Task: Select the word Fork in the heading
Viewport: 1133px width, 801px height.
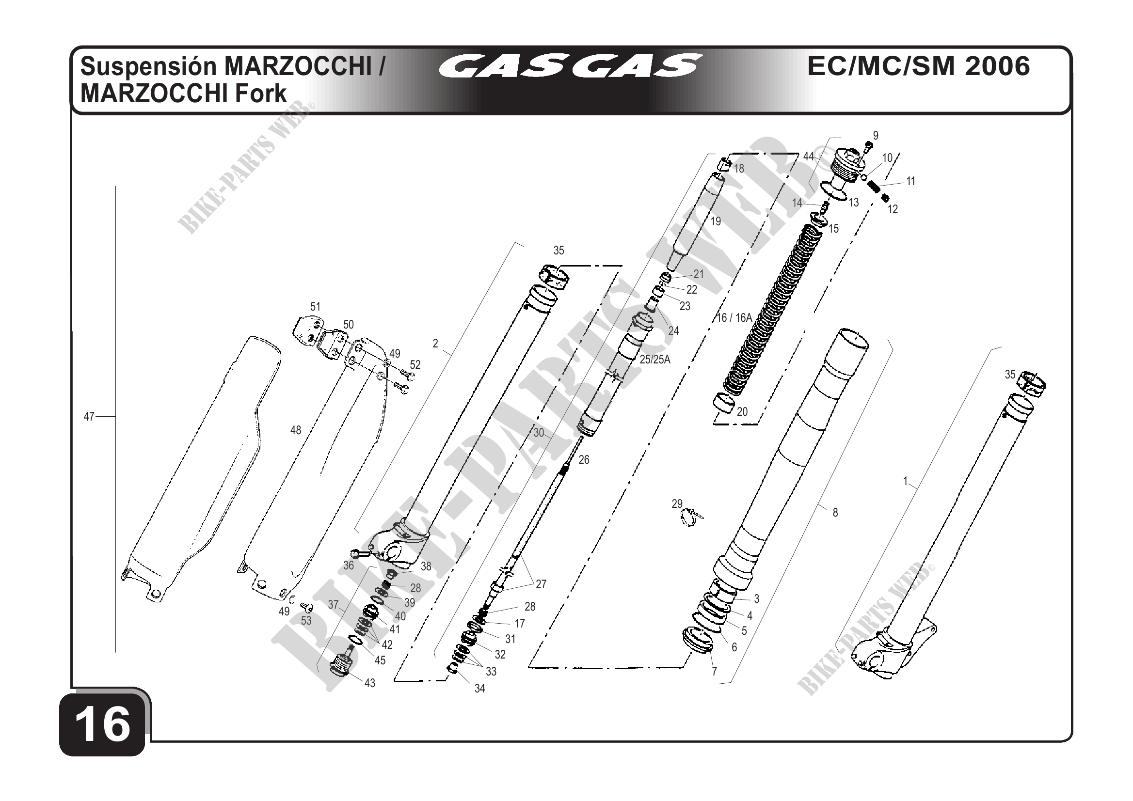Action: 260,93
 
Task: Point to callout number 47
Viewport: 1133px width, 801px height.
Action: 89,417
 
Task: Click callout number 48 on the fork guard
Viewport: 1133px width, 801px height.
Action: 296,430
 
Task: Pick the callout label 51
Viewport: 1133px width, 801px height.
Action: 315,306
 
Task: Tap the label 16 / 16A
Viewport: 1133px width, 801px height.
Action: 735,318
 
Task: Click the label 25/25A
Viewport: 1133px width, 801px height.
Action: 655,360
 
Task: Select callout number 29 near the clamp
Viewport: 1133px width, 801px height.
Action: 676,503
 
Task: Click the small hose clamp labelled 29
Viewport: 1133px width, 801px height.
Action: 691,518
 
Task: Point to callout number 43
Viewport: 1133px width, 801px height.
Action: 369,683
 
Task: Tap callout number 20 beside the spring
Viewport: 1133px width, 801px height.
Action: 742,411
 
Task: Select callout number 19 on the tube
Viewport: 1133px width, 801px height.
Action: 716,221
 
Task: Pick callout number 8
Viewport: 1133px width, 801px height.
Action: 835,513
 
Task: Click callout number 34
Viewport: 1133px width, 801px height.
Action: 479,689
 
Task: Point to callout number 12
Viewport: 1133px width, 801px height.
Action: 893,209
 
